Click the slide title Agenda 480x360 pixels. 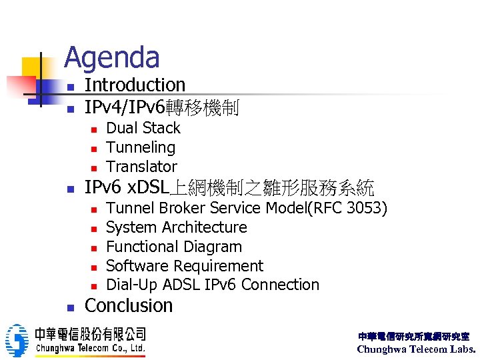(111, 57)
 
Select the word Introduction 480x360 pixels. (135, 85)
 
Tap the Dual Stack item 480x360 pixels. (143, 128)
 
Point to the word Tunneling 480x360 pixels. (141, 147)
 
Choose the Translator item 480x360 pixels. (141, 167)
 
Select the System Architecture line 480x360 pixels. (176, 227)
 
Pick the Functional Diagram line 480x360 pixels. (173, 247)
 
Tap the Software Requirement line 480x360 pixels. (184, 266)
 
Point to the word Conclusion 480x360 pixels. (129, 306)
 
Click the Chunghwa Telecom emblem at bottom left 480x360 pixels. (17, 340)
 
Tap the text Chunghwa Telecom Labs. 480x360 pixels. (417, 349)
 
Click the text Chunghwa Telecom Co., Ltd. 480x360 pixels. (90, 348)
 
